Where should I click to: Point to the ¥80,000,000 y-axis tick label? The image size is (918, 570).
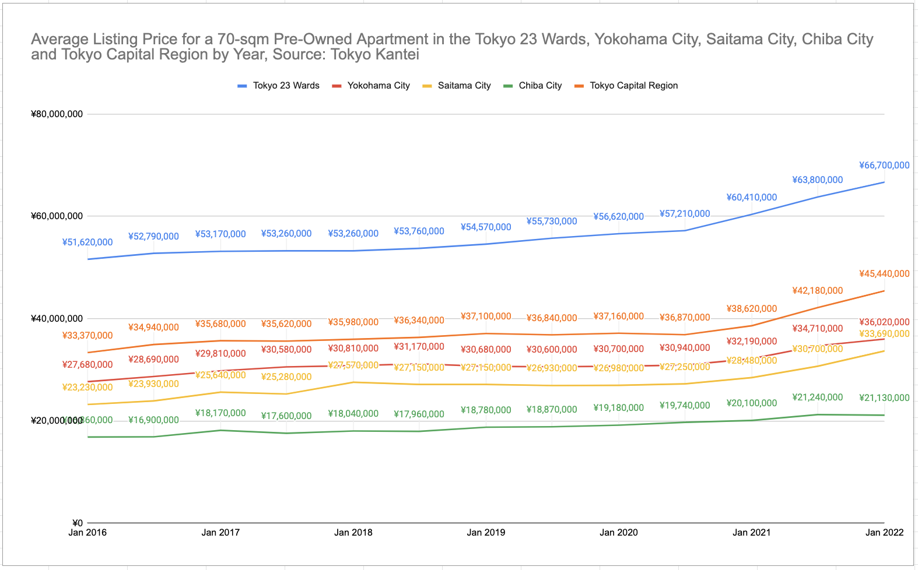(x=57, y=114)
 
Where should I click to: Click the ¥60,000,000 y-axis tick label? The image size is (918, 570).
(x=57, y=216)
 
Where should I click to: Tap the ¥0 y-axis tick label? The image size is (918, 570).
(x=77, y=523)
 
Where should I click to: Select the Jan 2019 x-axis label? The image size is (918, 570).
(x=486, y=532)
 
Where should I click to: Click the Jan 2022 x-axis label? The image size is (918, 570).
(x=884, y=532)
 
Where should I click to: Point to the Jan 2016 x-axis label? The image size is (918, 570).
(x=87, y=532)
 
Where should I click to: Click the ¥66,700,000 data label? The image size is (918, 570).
(x=884, y=166)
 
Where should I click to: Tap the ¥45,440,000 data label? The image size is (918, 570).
(x=884, y=274)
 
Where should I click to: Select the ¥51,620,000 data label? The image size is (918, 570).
(x=87, y=242)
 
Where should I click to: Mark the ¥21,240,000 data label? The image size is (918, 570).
(x=817, y=397)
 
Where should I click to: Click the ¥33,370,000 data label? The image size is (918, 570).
(x=87, y=336)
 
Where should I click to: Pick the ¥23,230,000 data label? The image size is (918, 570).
(x=87, y=388)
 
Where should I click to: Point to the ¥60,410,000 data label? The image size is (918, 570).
(x=751, y=198)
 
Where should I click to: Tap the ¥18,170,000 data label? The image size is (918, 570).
(x=220, y=413)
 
